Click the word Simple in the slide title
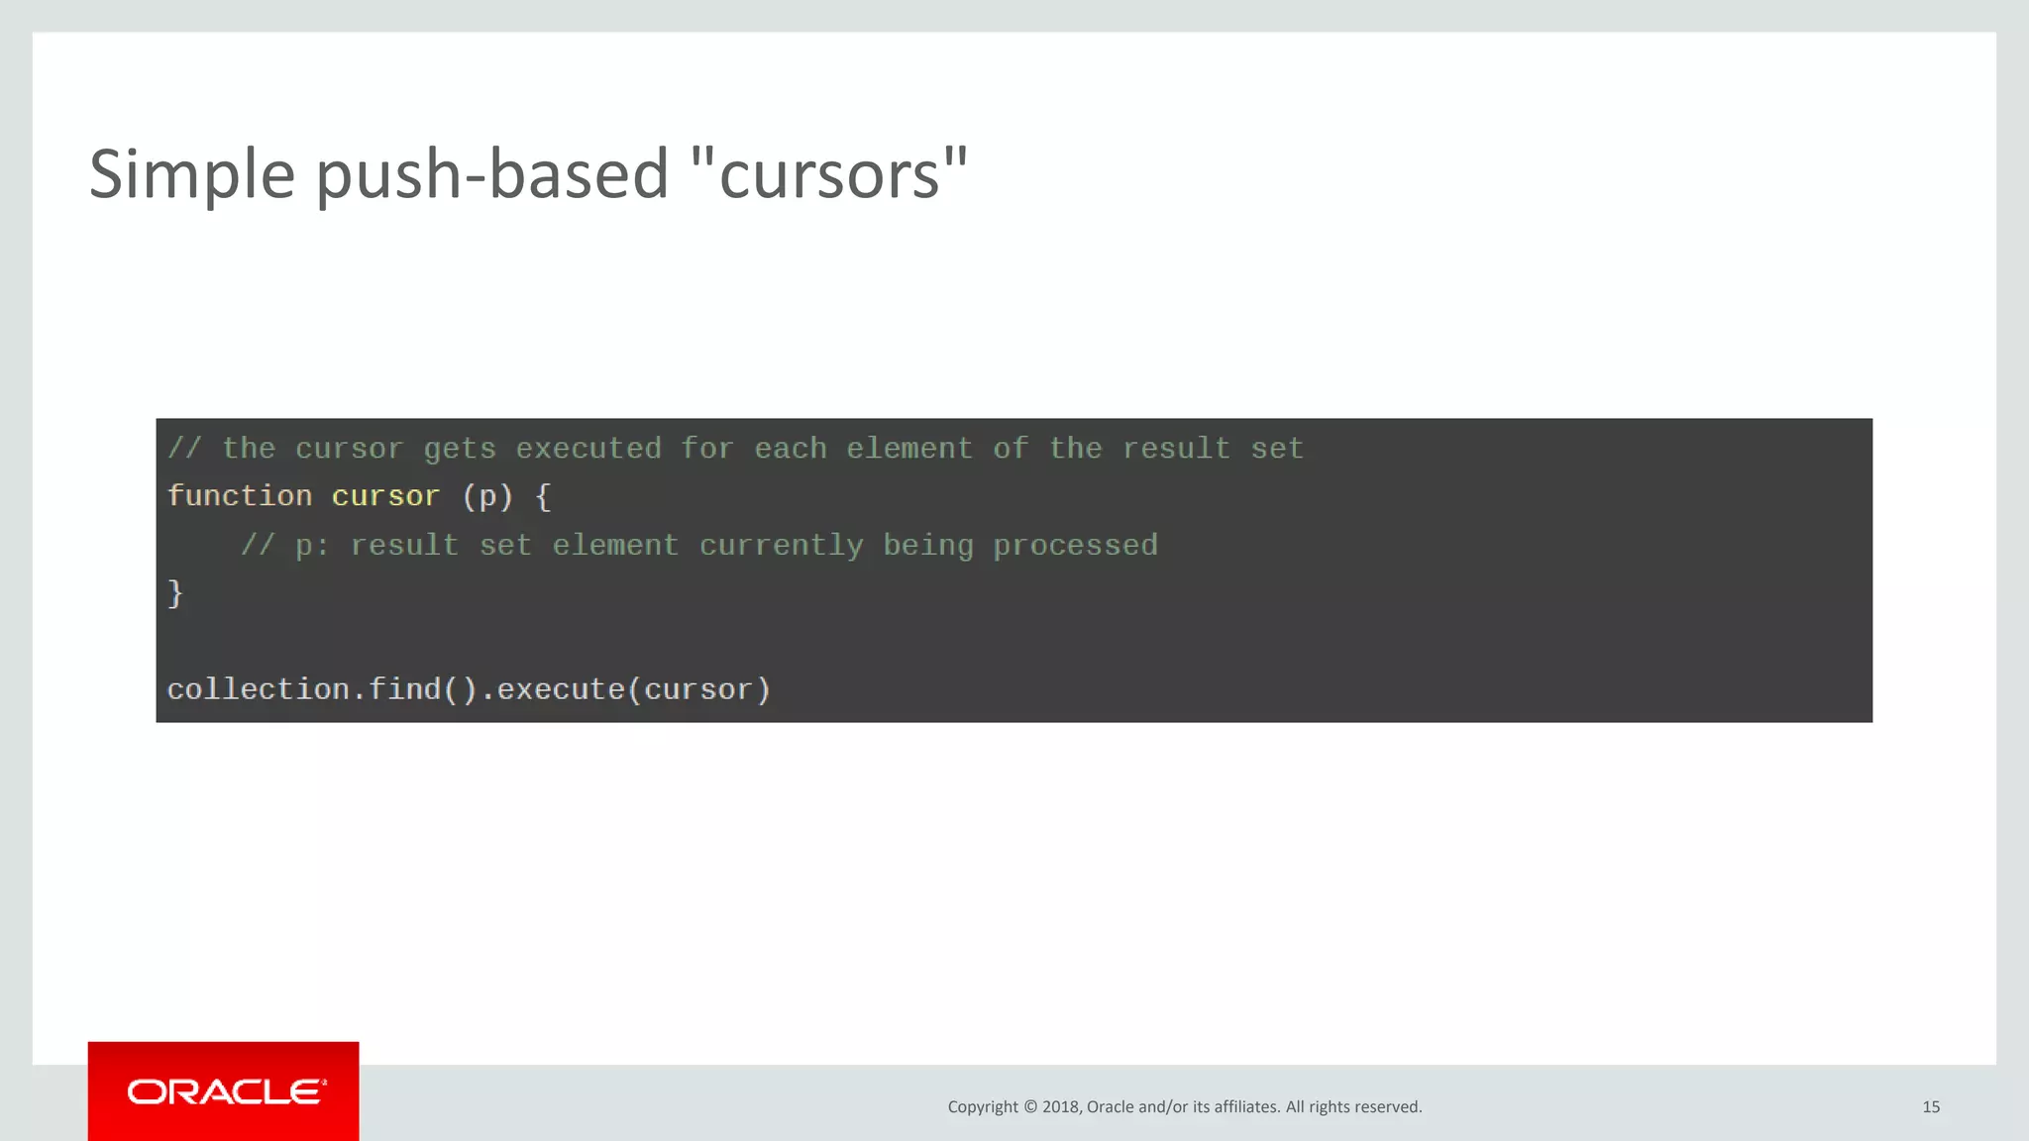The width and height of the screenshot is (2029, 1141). pyautogui.click(x=192, y=174)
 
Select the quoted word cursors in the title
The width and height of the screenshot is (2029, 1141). pyautogui.click(x=829, y=174)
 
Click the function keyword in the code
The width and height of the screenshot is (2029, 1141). pyautogui.click(x=240, y=496)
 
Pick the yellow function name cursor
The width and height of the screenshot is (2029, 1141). pyautogui.click(x=385, y=496)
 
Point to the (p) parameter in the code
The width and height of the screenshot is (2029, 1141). pyautogui.click(x=487, y=496)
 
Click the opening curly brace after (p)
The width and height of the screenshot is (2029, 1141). pyautogui.click(x=543, y=496)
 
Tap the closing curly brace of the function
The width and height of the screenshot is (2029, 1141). pyautogui.click(x=175, y=593)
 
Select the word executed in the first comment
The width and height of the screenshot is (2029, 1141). pyautogui.click(x=588, y=449)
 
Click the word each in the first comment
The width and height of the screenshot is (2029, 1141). pyautogui.click(x=790, y=449)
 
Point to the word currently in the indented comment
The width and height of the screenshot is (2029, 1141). pyautogui.click(x=781, y=546)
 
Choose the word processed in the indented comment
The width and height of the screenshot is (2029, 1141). pyautogui.click(x=1075, y=546)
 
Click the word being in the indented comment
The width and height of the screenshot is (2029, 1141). pyautogui.click(x=928, y=546)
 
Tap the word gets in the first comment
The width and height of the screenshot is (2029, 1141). pyautogui.click(x=460, y=449)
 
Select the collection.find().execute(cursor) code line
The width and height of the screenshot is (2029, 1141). pyautogui.click(x=469, y=689)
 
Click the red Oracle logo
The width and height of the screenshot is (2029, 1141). pyautogui.click(x=224, y=1091)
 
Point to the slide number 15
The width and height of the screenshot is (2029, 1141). pyautogui.click(x=1931, y=1107)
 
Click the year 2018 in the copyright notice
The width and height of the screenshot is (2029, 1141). pyautogui.click(x=1060, y=1107)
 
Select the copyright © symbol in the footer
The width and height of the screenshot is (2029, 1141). pyautogui.click(x=1030, y=1107)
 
